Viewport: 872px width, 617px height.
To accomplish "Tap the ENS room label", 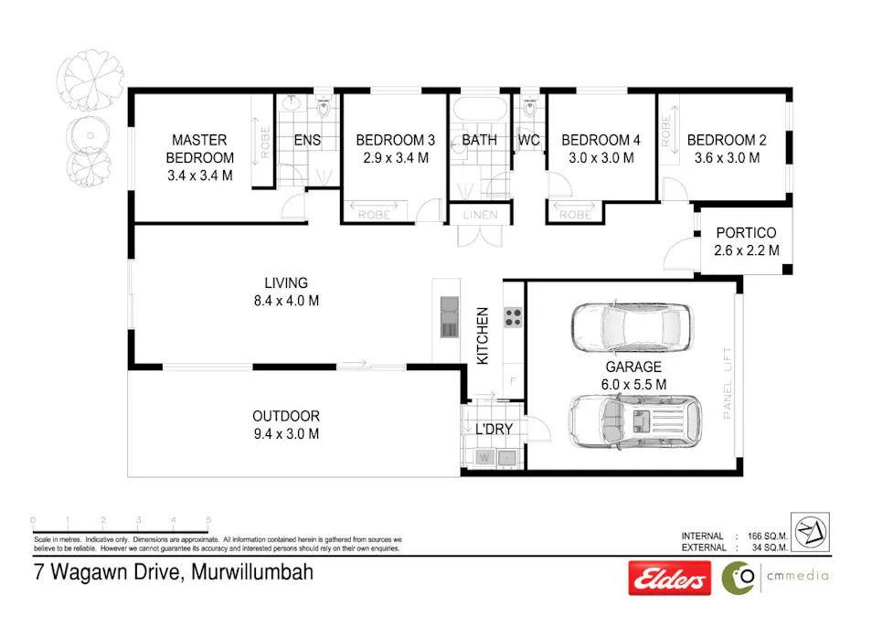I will click(307, 141).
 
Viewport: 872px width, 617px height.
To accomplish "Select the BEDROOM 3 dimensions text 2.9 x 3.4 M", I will click(395, 157).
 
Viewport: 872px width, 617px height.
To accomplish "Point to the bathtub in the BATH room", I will click(478, 108).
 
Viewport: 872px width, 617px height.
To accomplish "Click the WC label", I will click(528, 141).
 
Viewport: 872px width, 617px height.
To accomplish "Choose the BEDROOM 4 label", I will click(601, 140).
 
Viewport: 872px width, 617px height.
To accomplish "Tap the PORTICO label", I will click(746, 232).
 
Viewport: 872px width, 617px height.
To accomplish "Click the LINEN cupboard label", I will click(481, 216).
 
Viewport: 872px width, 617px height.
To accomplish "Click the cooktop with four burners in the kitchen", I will click(513, 318).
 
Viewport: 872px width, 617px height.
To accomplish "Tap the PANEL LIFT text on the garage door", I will click(728, 383).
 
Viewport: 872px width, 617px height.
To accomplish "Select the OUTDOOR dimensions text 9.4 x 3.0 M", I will click(286, 434).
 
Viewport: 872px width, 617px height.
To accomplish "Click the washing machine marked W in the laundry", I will click(484, 456).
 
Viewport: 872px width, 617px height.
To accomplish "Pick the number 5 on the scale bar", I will click(208, 520).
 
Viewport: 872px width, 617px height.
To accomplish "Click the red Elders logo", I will click(668, 578).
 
